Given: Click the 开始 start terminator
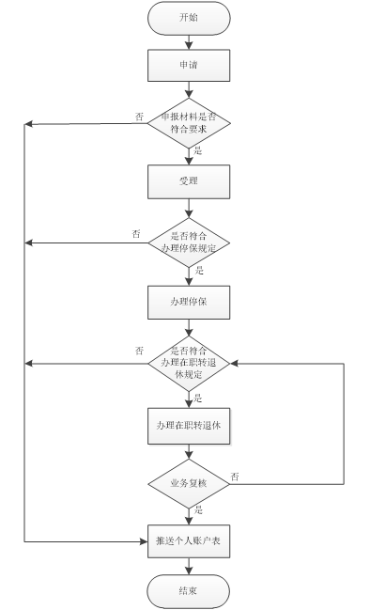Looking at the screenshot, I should (x=189, y=18).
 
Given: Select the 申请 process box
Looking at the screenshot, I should (x=189, y=66).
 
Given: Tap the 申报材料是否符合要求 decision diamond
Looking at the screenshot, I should (x=189, y=123).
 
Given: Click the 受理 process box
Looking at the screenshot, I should (x=189, y=181).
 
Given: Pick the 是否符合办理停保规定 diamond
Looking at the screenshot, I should (x=189, y=242).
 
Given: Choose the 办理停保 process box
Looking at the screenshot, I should (x=189, y=302).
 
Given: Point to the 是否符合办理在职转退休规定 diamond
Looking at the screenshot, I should (x=189, y=362).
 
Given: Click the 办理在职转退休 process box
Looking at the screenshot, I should (x=189, y=426).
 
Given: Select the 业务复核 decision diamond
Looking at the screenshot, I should (x=189, y=483).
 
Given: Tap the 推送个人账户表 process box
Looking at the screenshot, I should (x=189, y=541).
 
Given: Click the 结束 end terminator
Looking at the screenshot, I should (x=189, y=590).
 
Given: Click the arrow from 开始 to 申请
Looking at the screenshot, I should (x=189, y=41).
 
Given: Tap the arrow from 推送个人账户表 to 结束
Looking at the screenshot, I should (x=189, y=566).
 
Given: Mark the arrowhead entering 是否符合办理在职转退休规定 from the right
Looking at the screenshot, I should (x=236, y=362).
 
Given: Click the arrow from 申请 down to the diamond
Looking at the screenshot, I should (x=189, y=90).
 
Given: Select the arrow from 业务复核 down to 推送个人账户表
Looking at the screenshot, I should (x=189, y=515).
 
